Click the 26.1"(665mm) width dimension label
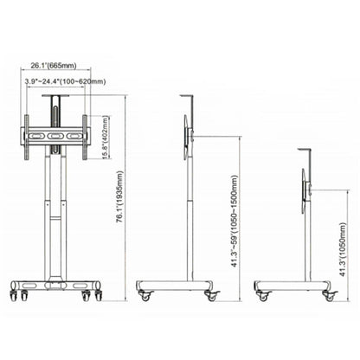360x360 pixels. [54, 66]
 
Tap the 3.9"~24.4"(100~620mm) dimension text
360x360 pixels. [65, 81]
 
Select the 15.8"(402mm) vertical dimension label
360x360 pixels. [106, 137]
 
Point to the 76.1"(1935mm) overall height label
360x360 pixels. [119, 197]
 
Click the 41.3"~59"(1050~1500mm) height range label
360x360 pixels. [235, 221]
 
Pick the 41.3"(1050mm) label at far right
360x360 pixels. [343, 249]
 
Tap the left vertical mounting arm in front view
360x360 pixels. [27, 138]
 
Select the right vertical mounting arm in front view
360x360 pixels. [85, 138]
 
